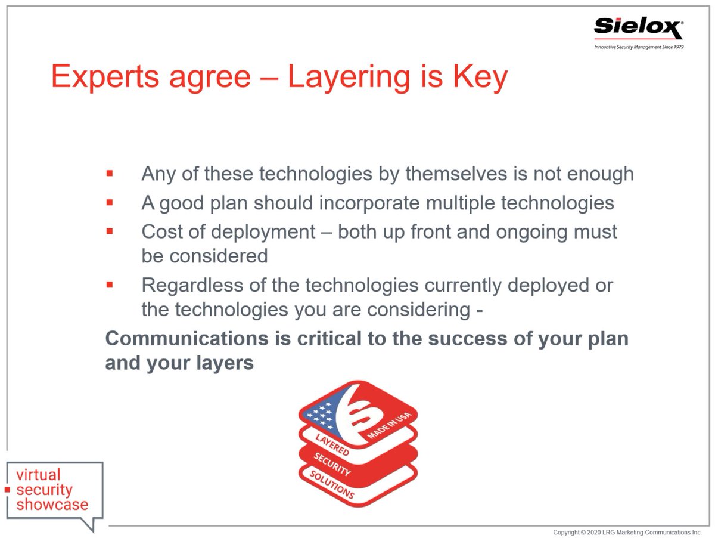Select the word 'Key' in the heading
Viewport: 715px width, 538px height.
[479, 78]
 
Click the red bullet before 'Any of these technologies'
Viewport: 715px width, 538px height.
[110, 174]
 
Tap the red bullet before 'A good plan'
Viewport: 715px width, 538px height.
[110, 203]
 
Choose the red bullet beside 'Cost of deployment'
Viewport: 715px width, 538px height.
[110, 231]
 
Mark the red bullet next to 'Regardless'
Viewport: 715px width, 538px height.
[110, 285]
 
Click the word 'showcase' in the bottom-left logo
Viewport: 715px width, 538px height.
[52, 505]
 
